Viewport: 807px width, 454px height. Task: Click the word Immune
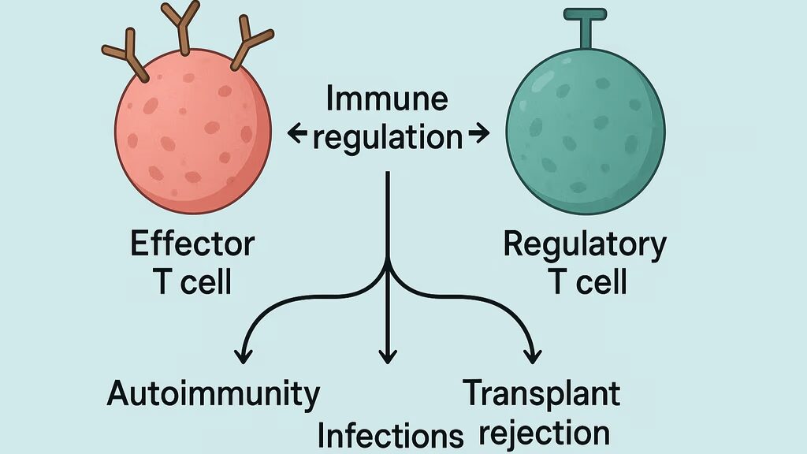coord(387,100)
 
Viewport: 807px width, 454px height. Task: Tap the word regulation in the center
coord(387,138)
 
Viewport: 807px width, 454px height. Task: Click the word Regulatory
coord(584,244)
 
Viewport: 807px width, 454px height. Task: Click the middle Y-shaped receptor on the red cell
coord(181,28)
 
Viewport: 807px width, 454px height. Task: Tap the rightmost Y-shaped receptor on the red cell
coord(248,47)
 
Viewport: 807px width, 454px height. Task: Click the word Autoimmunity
coord(214,393)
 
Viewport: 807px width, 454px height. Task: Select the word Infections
coord(390,434)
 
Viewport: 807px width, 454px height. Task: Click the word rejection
coord(544,433)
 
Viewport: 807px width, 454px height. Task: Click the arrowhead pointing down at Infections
coord(387,357)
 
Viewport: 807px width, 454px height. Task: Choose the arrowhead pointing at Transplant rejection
coord(533,355)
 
